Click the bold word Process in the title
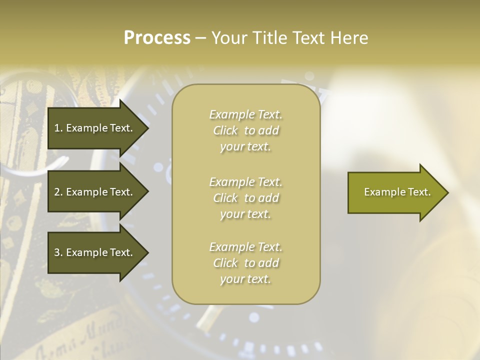point(157,38)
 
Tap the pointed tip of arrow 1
point(147,128)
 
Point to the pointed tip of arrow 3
point(147,252)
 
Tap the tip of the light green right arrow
point(447,192)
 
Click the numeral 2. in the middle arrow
point(58,192)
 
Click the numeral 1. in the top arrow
point(58,128)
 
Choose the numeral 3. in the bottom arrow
point(58,252)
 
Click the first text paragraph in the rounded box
point(245,130)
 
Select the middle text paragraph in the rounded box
point(245,198)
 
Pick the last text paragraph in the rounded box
point(245,263)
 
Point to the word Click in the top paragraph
point(225,131)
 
